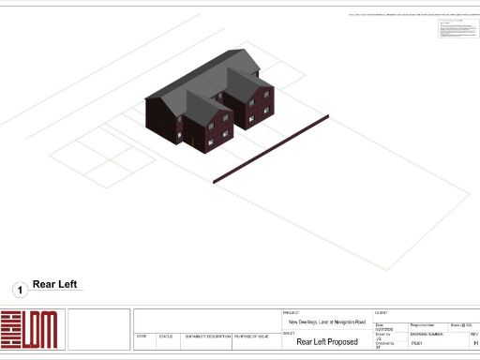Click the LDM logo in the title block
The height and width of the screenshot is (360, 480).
click(x=29, y=329)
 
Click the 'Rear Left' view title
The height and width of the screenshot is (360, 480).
click(x=54, y=284)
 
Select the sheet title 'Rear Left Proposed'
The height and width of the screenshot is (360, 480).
click(x=327, y=342)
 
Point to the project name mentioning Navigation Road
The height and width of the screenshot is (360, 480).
click(x=326, y=322)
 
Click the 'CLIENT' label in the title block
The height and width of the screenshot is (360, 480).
click(x=382, y=312)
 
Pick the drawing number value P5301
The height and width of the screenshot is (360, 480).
click(x=418, y=344)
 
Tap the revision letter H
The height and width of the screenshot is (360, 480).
click(x=474, y=344)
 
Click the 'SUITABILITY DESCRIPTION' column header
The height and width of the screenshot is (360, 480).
click(x=206, y=335)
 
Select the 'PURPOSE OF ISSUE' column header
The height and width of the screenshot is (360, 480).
click(x=253, y=335)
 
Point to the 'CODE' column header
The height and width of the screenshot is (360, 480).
click(x=142, y=335)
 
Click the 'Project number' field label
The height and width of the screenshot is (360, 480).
click(x=424, y=324)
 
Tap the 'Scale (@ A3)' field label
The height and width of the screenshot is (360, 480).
click(x=460, y=324)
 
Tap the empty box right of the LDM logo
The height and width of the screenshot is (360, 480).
click(x=97, y=329)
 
